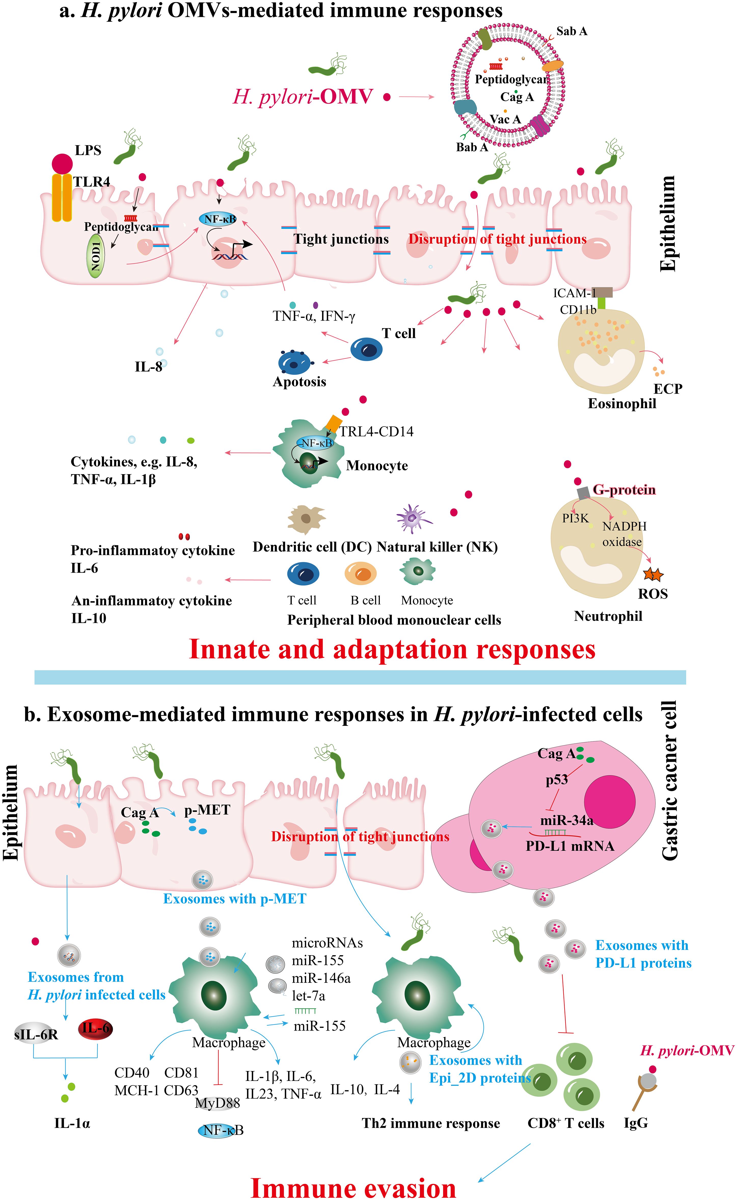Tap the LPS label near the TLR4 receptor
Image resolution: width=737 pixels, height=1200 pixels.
pyautogui.click(x=88, y=150)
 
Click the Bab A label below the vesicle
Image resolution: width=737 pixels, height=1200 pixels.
pyautogui.click(x=471, y=147)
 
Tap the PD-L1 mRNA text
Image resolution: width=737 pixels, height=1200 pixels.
pyautogui.click(x=569, y=846)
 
